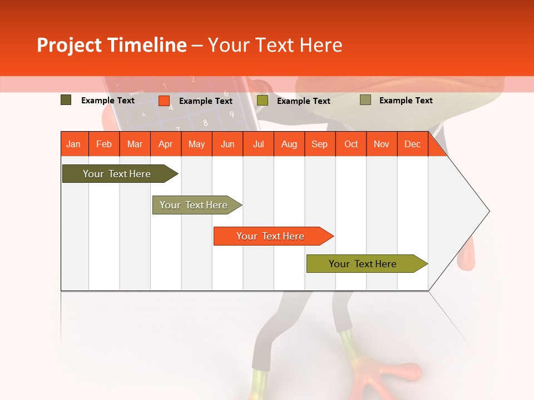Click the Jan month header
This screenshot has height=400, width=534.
tap(73, 144)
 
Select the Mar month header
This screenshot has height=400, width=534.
tap(135, 144)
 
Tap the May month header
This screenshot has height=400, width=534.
tap(196, 144)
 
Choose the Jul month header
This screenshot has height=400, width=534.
tap(258, 144)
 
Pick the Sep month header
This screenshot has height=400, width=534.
tap(319, 144)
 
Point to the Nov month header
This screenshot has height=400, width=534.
tap(381, 144)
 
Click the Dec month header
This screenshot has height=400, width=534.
tap(412, 144)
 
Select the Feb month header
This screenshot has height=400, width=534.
tap(104, 144)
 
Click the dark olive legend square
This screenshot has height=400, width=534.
tap(66, 100)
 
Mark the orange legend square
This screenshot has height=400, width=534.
tap(164, 101)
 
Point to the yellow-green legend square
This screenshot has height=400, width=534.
tap(263, 101)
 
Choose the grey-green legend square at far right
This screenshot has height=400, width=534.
tap(365, 100)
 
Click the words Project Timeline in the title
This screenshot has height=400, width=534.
tap(111, 45)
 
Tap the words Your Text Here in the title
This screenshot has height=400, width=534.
tap(275, 45)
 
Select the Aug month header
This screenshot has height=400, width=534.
tap(289, 144)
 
